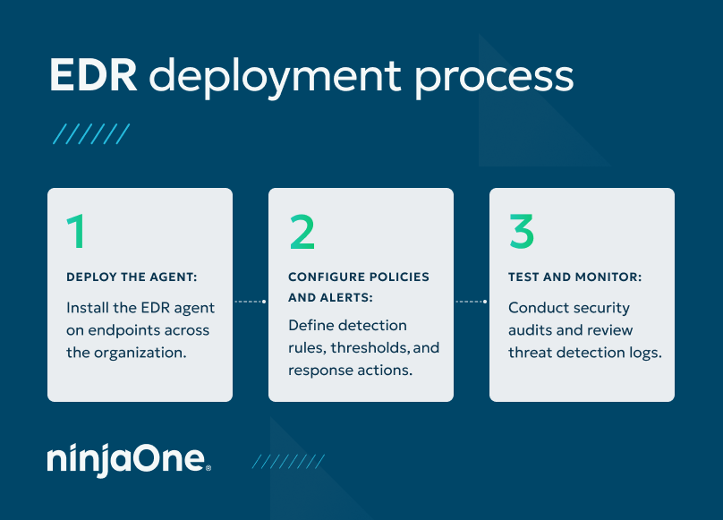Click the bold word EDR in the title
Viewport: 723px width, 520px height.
(93, 77)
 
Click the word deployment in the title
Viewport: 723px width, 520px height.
(268, 79)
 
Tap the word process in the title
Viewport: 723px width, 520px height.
(495, 79)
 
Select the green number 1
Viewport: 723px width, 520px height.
(78, 232)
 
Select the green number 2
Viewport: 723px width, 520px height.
(302, 232)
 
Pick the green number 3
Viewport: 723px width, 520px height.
(522, 232)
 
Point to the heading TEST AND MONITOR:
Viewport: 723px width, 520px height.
(574, 277)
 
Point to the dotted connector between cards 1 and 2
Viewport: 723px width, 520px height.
(251, 302)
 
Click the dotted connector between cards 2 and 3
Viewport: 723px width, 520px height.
(472, 302)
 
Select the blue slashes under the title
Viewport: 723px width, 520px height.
(91, 134)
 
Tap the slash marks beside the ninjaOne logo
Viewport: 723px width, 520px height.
(287, 461)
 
